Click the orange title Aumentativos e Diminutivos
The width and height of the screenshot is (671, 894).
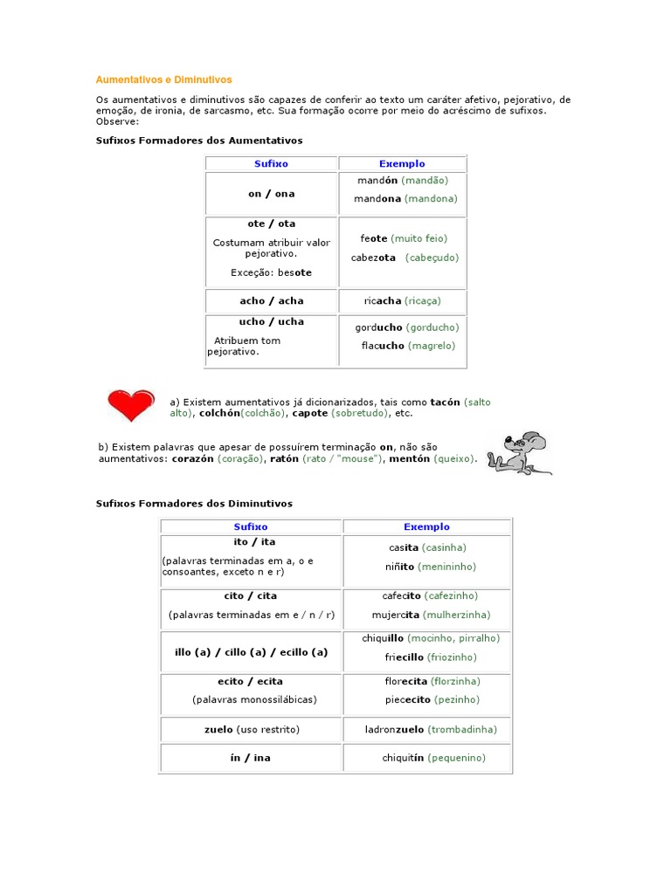click(164, 79)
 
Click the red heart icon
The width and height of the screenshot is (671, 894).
click(130, 405)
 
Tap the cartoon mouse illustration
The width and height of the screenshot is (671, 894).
click(519, 452)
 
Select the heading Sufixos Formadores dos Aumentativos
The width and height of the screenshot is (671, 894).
click(199, 140)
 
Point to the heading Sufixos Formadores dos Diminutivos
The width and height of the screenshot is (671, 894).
click(194, 504)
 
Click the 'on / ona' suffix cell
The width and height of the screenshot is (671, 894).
click(272, 194)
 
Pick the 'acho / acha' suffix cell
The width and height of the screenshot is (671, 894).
click(272, 301)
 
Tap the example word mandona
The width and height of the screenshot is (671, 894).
click(377, 199)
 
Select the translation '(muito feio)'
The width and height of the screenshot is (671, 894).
click(419, 238)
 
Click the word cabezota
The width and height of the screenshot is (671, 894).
click(373, 258)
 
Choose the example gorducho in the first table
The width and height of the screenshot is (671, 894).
click(379, 327)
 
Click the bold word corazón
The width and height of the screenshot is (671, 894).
click(192, 458)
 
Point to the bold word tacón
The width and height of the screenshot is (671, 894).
click(446, 402)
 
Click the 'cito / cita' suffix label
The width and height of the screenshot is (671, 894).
click(251, 596)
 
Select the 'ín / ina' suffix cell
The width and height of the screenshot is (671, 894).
click(251, 758)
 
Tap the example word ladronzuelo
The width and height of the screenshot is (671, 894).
click(395, 729)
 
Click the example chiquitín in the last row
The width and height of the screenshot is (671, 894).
click(403, 758)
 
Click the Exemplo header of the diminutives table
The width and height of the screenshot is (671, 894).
click(426, 526)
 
